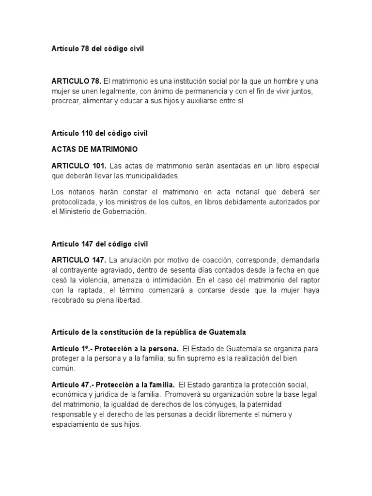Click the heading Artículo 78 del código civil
coord(98,49)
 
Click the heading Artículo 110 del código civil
coord(99,134)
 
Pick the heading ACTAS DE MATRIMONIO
coord(91,149)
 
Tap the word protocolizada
coord(75,202)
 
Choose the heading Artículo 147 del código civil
coord(99,244)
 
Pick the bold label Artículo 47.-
coord(71,385)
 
